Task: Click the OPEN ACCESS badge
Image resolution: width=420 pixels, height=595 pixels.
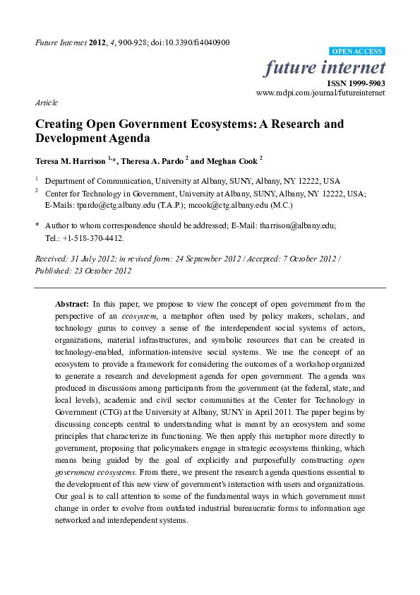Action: (357, 52)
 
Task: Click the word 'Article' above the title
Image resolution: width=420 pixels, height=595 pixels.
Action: (46, 102)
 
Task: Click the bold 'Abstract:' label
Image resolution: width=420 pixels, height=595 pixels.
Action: (72, 303)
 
